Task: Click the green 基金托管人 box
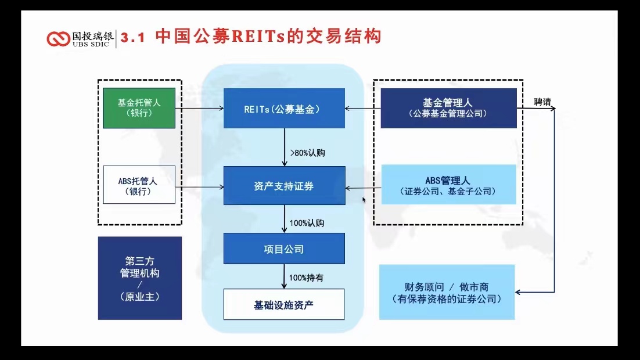point(139,108)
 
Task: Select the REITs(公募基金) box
point(284,108)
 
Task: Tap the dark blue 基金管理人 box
point(448,108)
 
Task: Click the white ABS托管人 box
point(139,185)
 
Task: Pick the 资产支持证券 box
point(284,186)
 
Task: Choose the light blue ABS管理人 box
point(448,185)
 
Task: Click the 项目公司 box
point(284,249)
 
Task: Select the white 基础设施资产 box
point(284,304)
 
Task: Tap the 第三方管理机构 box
point(139,278)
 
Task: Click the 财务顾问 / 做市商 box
point(447,292)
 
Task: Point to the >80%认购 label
point(307,153)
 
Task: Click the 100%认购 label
point(307,223)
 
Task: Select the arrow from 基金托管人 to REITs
point(200,108)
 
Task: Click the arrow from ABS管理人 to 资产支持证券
point(363,188)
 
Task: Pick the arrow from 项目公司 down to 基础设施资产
point(284,276)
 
